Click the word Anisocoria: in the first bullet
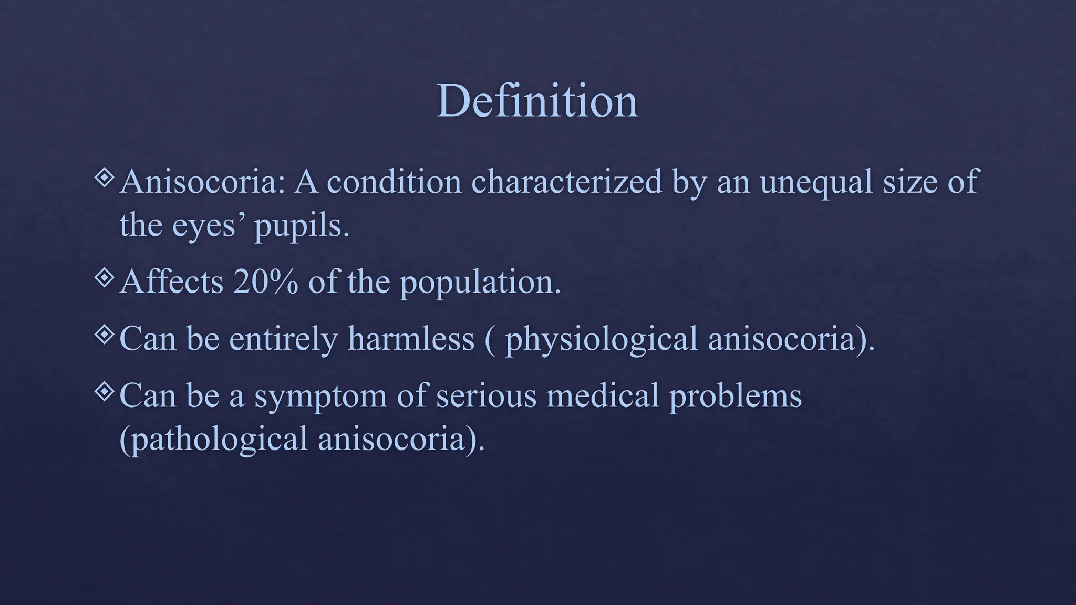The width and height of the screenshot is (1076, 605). coord(202,182)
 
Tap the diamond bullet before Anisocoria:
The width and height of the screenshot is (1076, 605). coord(105,178)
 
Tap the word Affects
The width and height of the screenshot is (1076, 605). coord(171,281)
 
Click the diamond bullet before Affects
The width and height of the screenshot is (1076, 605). coord(105,277)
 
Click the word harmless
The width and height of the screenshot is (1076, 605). coord(411,338)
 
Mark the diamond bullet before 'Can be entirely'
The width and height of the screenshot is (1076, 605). coord(105,334)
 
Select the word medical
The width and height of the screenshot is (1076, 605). coord(603,395)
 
